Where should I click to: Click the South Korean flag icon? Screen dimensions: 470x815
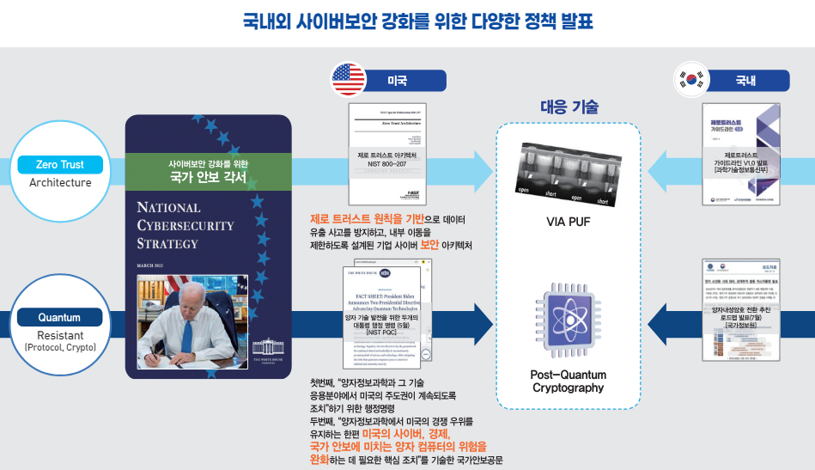[x=690, y=80]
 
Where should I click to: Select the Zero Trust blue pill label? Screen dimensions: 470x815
[x=59, y=164]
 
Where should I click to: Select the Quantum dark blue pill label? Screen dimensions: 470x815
[x=59, y=318]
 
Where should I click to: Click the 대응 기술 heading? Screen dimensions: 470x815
[x=569, y=107]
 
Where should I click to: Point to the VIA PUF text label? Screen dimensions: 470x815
[x=569, y=222]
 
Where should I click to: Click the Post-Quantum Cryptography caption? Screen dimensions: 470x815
[x=568, y=381]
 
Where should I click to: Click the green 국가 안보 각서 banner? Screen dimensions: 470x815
[x=208, y=171]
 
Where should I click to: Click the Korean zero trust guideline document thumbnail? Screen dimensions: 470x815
[x=739, y=156]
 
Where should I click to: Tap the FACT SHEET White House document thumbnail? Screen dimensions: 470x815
[x=386, y=313]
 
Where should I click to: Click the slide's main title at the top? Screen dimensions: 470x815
[x=407, y=21]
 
